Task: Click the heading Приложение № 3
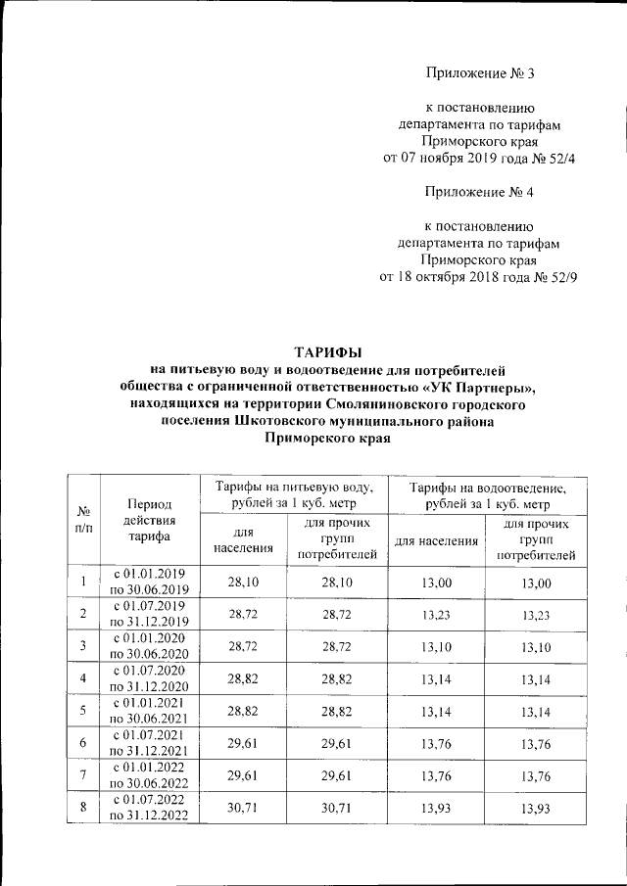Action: coord(480,73)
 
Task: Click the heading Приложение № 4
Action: coord(480,190)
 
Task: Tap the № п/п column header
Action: coord(84,520)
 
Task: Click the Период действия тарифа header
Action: coord(150,520)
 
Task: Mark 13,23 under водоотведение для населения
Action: coord(436,616)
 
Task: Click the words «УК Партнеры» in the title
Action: coord(486,387)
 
